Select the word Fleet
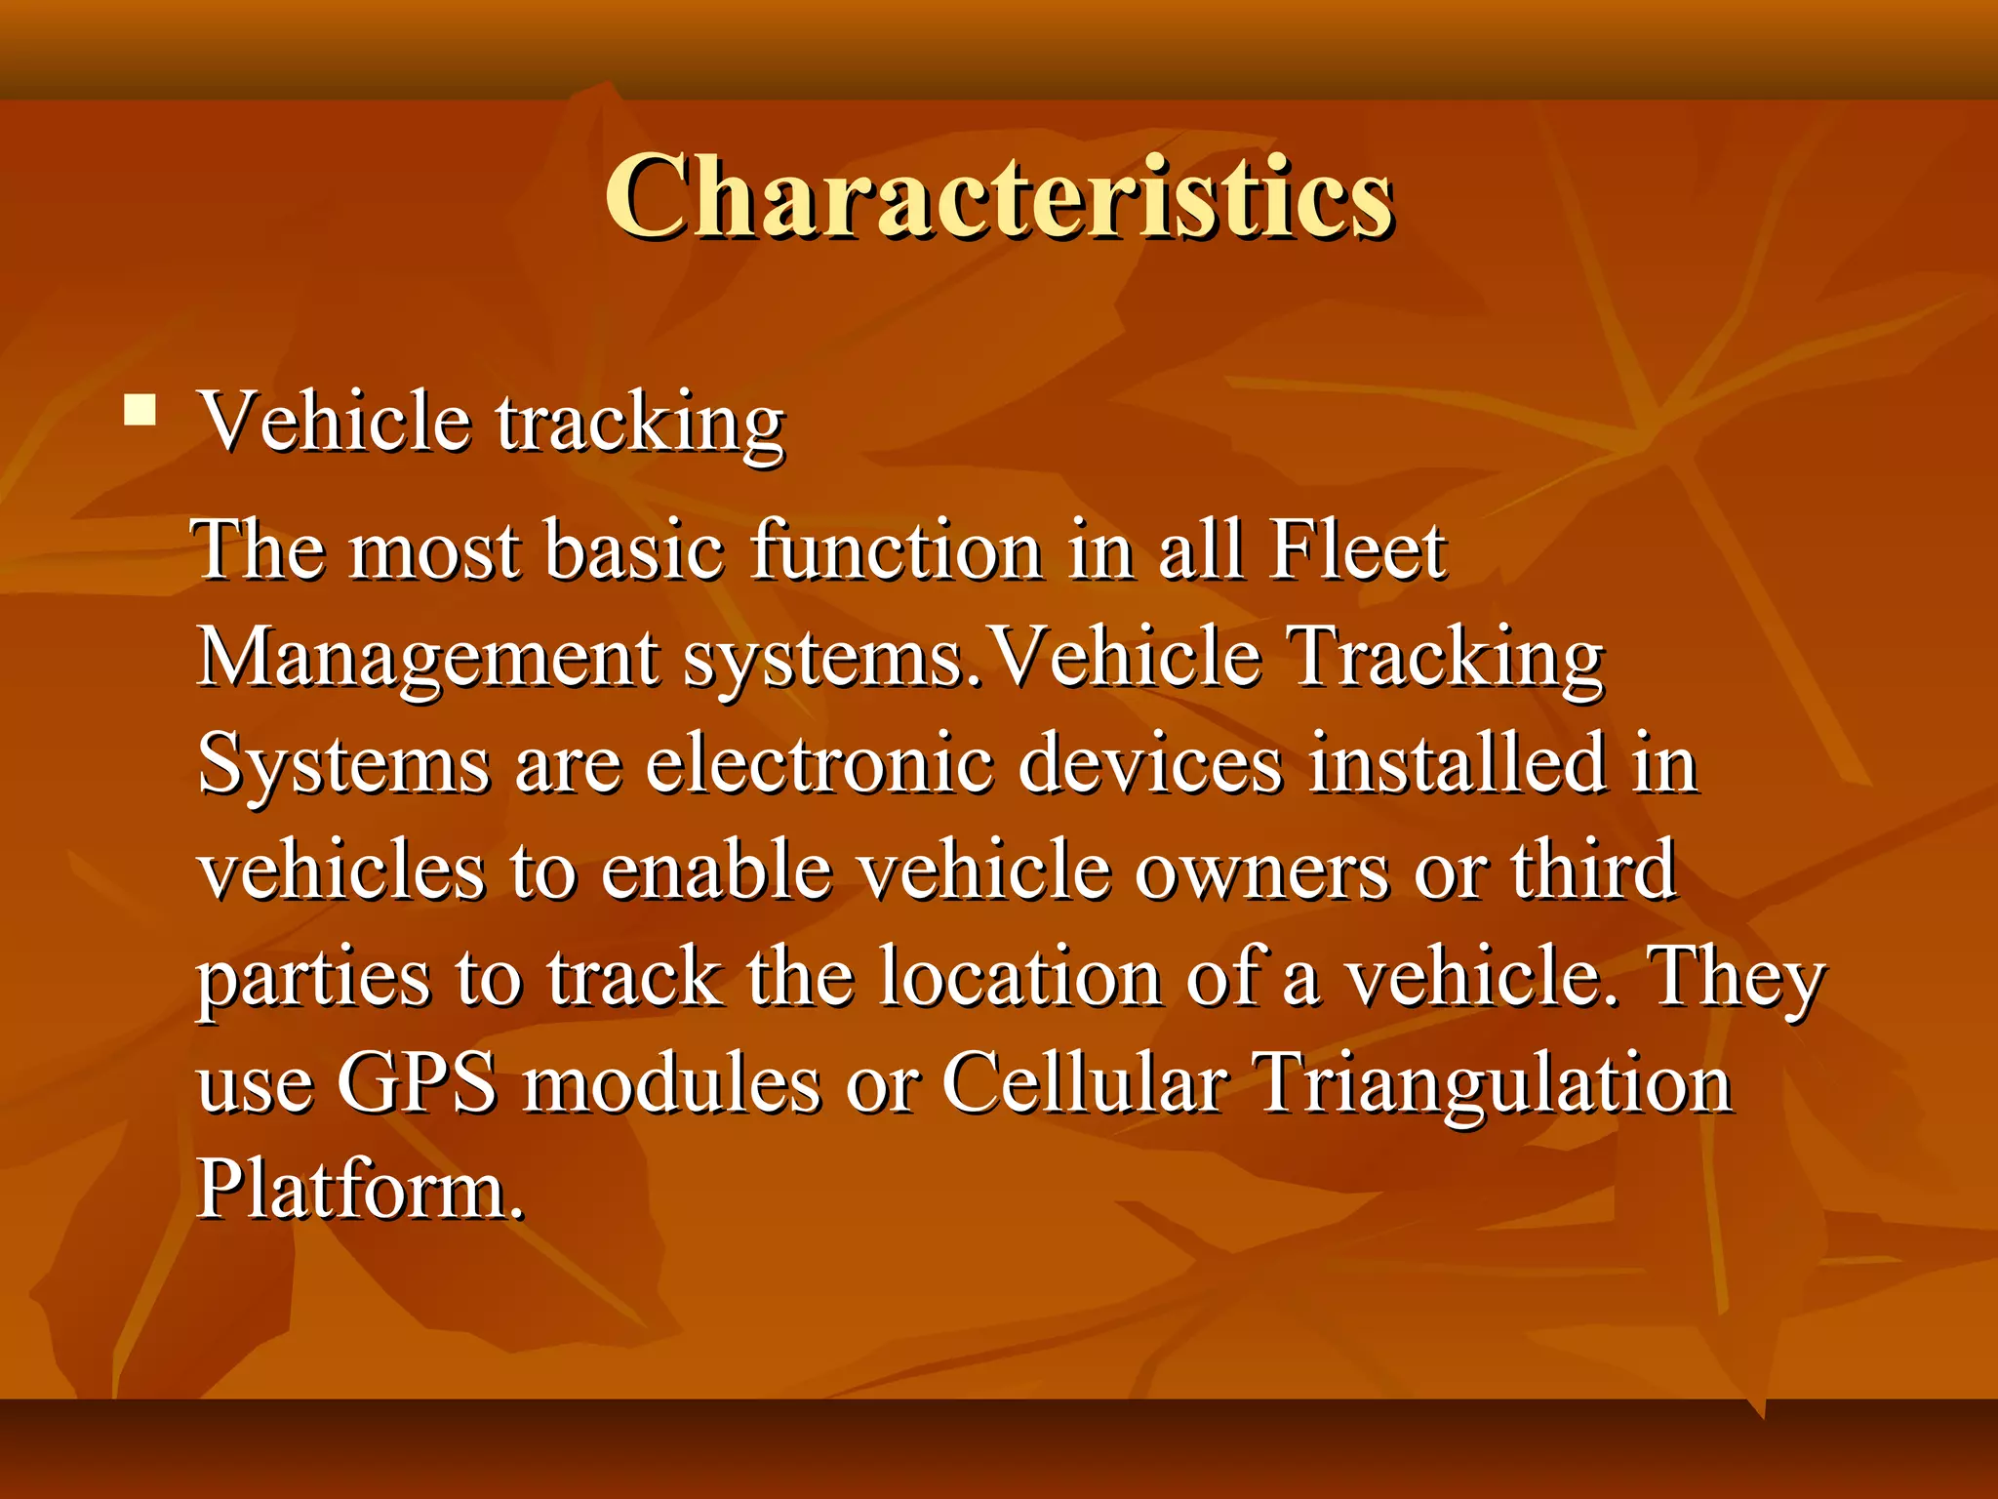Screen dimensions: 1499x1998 1356,550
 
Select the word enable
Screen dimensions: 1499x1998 716,871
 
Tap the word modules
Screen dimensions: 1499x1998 671,1083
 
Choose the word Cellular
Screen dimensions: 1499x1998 1083,1083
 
